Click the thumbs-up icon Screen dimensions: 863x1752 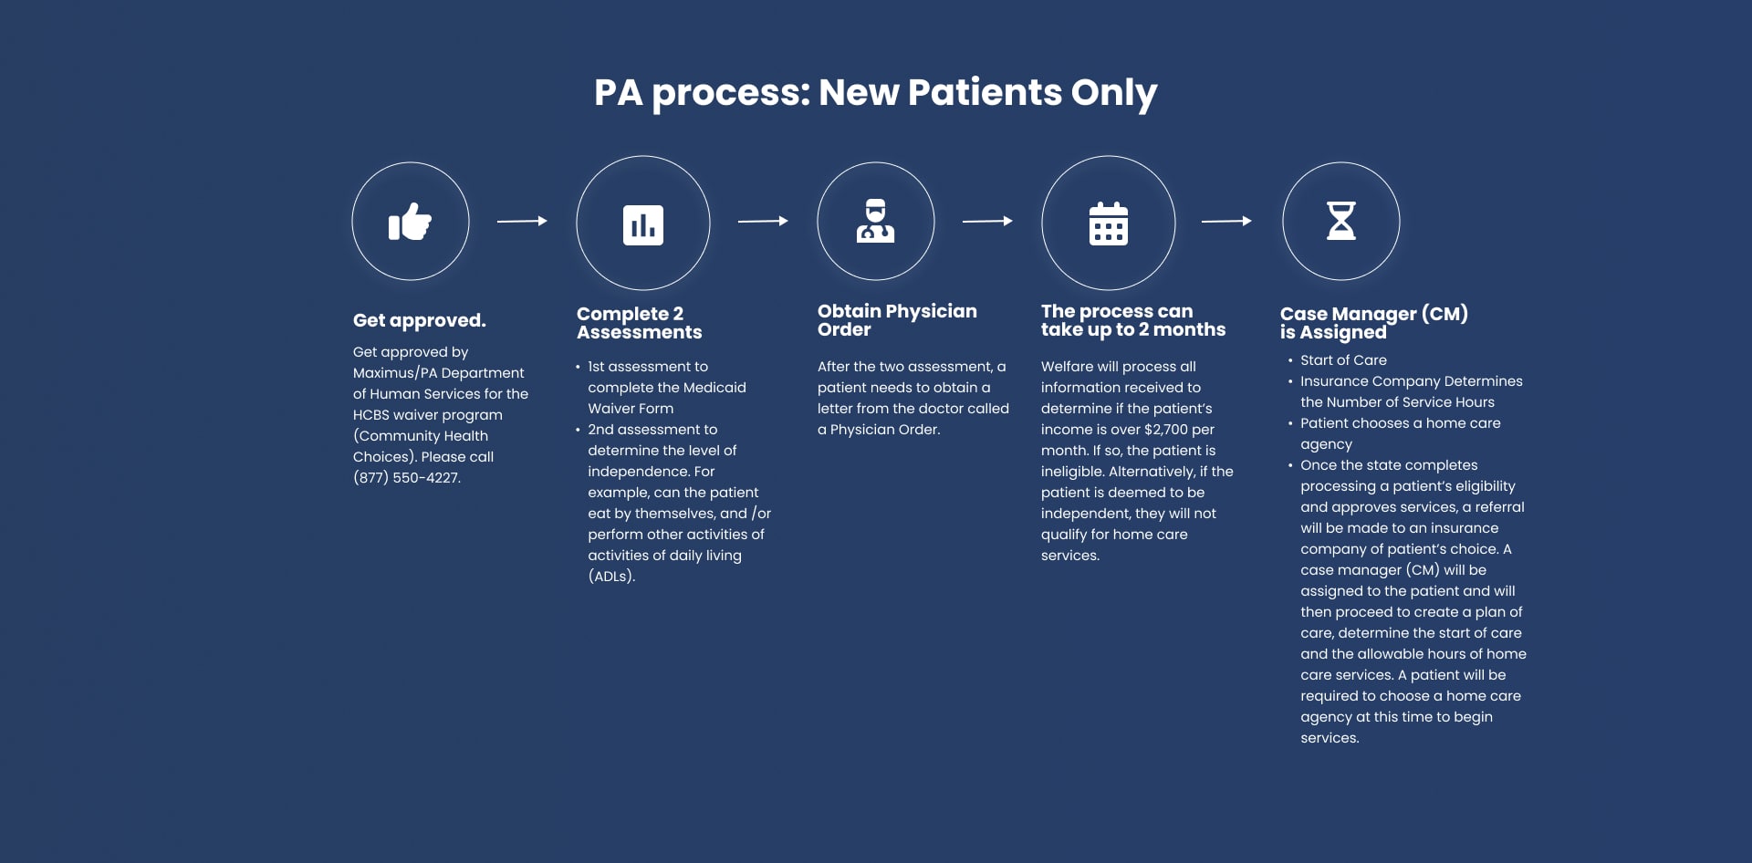[x=410, y=222]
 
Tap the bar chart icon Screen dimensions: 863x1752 [x=643, y=224]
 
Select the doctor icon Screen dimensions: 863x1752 [x=875, y=221]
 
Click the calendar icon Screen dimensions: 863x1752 [x=1109, y=224]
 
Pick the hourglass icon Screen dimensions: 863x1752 [x=1340, y=221]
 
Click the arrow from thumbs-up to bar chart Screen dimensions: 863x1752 [x=522, y=221]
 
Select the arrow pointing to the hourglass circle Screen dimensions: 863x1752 [x=1226, y=221]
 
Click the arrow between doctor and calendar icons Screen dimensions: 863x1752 [x=987, y=221]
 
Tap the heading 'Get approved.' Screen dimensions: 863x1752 [x=420, y=320]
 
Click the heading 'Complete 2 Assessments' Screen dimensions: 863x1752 [x=639, y=323]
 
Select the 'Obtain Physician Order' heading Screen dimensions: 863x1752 [x=897, y=320]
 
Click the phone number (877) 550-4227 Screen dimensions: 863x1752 [x=407, y=478]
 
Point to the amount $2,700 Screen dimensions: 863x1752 [x=1165, y=430]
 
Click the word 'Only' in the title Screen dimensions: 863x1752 [x=1113, y=93]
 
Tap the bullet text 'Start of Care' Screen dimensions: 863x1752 [x=1343, y=360]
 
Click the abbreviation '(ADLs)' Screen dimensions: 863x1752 [x=611, y=577]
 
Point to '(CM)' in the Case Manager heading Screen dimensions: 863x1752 [x=1444, y=314]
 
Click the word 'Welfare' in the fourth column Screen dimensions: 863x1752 [x=1067, y=367]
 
